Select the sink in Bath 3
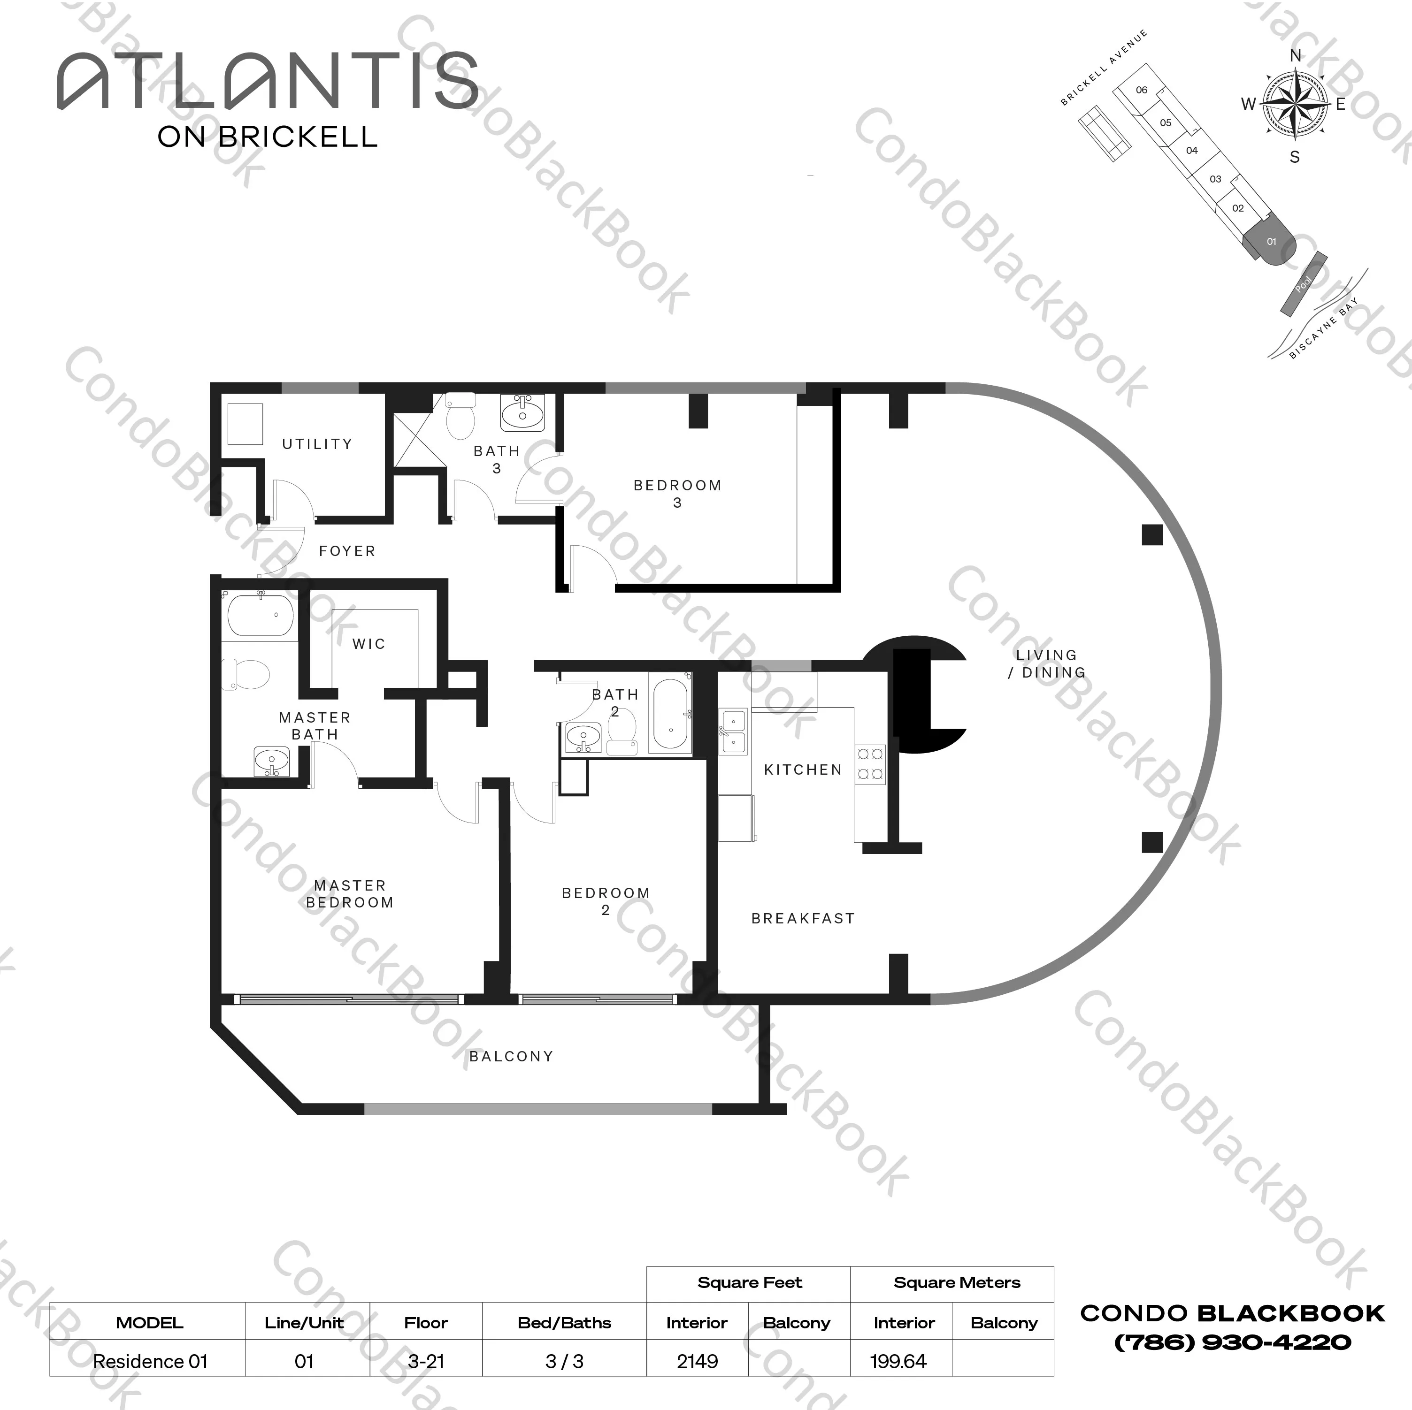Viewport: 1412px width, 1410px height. pyautogui.click(x=522, y=413)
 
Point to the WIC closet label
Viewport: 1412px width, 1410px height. pyautogui.click(x=368, y=644)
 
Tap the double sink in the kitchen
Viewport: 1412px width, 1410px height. pyautogui.click(x=733, y=732)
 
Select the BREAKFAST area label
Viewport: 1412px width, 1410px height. pyautogui.click(x=803, y=918)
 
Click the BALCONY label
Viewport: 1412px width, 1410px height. pyautogui.click(x=511, y=1056)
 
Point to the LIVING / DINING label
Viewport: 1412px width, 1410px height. pyautogui.click(x=1047, y=663)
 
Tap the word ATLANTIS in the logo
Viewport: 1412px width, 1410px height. pyautogui.click(x=268, y=80)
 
